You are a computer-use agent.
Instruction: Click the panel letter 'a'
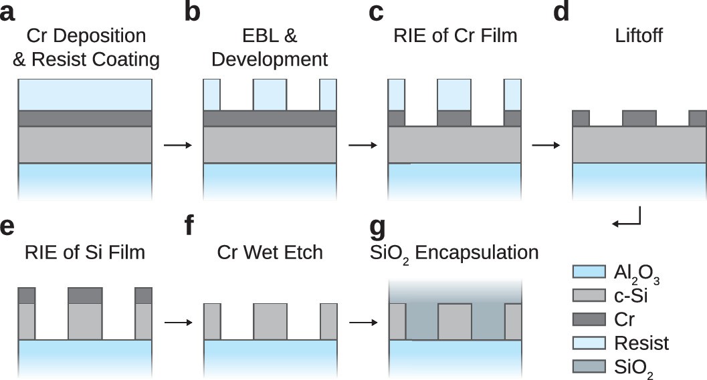[x=9, y=13]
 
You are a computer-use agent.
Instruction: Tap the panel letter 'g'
[x=378, y=229]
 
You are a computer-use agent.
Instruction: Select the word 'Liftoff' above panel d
[x=639, y=35]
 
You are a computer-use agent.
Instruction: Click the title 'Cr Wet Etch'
[x=270, y=252]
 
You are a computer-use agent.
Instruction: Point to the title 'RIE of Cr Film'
[x=455, y=35]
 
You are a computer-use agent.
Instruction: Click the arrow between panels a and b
[x=177, y=145]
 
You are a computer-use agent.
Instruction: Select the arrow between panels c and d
[x=546, y=145]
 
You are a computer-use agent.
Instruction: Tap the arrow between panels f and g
[x=362, y=322]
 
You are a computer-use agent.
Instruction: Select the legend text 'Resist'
[x=641, y=343]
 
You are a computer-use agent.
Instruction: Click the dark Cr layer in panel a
[x=86, y=118]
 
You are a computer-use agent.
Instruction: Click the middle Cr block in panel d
[x=639, y=118]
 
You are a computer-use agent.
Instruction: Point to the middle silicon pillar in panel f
[x=270, y=321]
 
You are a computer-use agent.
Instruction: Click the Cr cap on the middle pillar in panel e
[x=86, y=295]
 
